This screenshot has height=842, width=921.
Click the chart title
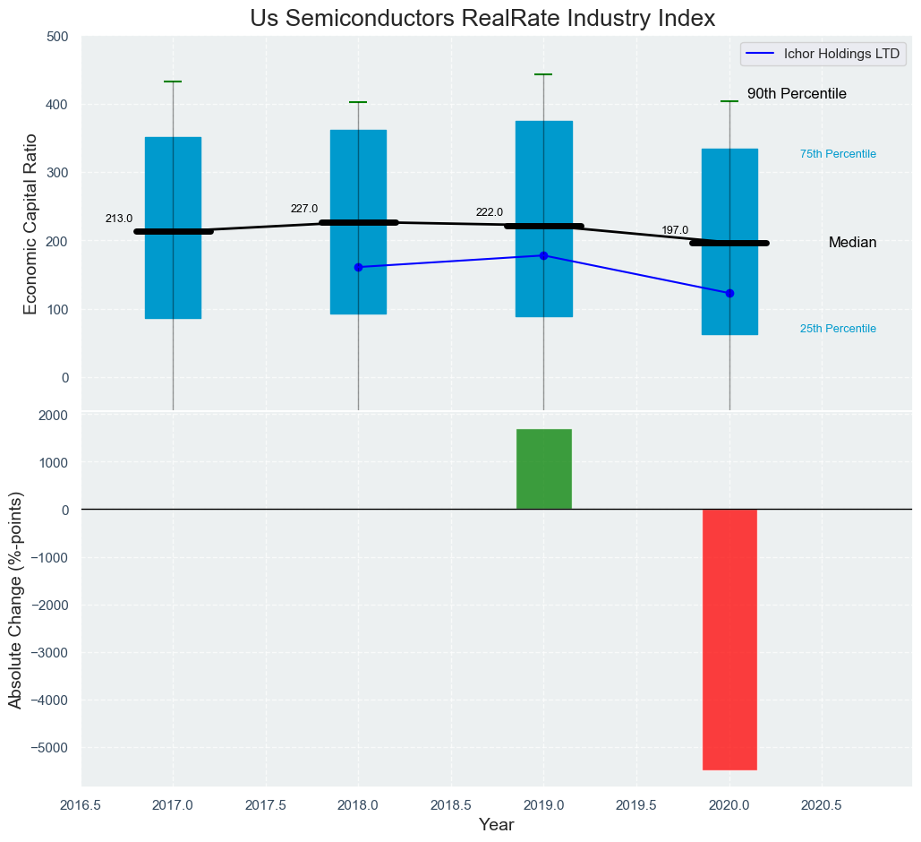pyautogui.click(x=482, y=18)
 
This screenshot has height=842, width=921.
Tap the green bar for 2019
pyautogui.click(x=543, y=469)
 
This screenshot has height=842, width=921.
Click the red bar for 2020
pyautogui.click(x=729, y=639)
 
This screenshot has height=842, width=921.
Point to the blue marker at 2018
pyautogui.click(x=358, y=267)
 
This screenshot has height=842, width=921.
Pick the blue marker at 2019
pyautogui.click(x=543, y=255)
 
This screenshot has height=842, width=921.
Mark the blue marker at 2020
pyautogui.click(x=729, y=293)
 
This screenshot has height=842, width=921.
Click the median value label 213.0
pyautogui.click(x=118, y=219)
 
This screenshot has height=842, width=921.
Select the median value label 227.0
pyautogui.click(x=303, y=209)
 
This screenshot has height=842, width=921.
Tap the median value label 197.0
pyautogui.click(x=675, y=230)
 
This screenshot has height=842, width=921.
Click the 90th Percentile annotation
pyautogui.click(x=797, y=94)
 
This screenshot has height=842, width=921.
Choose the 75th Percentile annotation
pyautogui.click(x=837, y=154)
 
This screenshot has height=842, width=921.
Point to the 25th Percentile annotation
pyautogui.click(x=837, y=329)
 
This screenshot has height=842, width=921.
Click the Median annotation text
pyautogui.click(x=852, y=243)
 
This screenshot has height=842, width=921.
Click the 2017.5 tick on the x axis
pyautogui.click(x=265, y=805)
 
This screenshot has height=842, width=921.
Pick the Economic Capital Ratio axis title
pyautogui.click(x=30, y=224)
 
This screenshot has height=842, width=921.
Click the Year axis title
pyautogui.click(x=497, y=825)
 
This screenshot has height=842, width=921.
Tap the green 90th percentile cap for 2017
pyautogui.click(x=173, y=82)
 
